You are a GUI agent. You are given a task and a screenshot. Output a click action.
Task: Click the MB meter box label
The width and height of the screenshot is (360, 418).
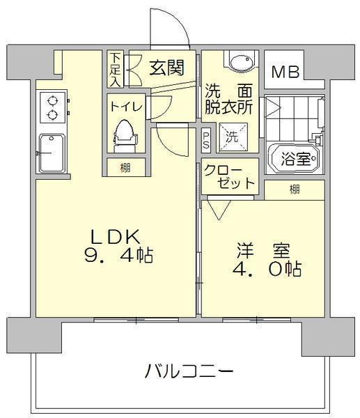285,72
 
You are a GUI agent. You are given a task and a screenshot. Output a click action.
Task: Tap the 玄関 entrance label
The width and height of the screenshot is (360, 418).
167,68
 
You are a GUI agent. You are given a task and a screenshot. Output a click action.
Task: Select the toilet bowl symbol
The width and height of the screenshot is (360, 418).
125,135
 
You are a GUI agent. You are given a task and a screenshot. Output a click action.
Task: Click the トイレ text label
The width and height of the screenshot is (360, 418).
126,107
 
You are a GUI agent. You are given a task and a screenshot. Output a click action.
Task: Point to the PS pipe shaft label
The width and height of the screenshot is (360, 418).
206,140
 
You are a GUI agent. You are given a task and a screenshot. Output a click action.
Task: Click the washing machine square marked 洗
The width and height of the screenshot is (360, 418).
233,137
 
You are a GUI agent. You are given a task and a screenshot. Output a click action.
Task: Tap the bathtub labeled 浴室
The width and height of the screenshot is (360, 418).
295,159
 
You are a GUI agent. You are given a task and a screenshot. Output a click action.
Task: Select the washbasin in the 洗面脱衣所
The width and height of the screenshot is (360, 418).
241,62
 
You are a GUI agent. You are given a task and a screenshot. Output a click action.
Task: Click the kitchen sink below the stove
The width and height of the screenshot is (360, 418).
52,153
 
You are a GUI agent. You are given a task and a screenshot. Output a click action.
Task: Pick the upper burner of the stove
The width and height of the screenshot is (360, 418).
52,101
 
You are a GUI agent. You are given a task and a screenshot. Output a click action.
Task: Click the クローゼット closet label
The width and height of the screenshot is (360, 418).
229,176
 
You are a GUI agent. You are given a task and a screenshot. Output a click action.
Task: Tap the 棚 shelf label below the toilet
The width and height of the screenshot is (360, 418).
125,167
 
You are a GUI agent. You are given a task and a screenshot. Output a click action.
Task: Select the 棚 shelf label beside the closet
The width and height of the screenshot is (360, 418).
295,189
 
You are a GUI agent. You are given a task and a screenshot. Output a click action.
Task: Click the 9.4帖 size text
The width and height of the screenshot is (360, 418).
118,254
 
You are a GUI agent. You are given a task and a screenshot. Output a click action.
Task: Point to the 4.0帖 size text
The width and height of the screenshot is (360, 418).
267,268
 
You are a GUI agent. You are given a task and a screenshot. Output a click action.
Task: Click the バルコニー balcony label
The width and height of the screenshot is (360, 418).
189,371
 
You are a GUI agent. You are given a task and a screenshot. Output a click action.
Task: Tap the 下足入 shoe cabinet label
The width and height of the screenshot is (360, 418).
116,69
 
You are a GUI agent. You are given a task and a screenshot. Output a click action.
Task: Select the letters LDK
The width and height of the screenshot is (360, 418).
115,236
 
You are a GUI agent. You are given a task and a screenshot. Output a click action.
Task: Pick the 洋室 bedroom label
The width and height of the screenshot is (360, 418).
263,250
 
